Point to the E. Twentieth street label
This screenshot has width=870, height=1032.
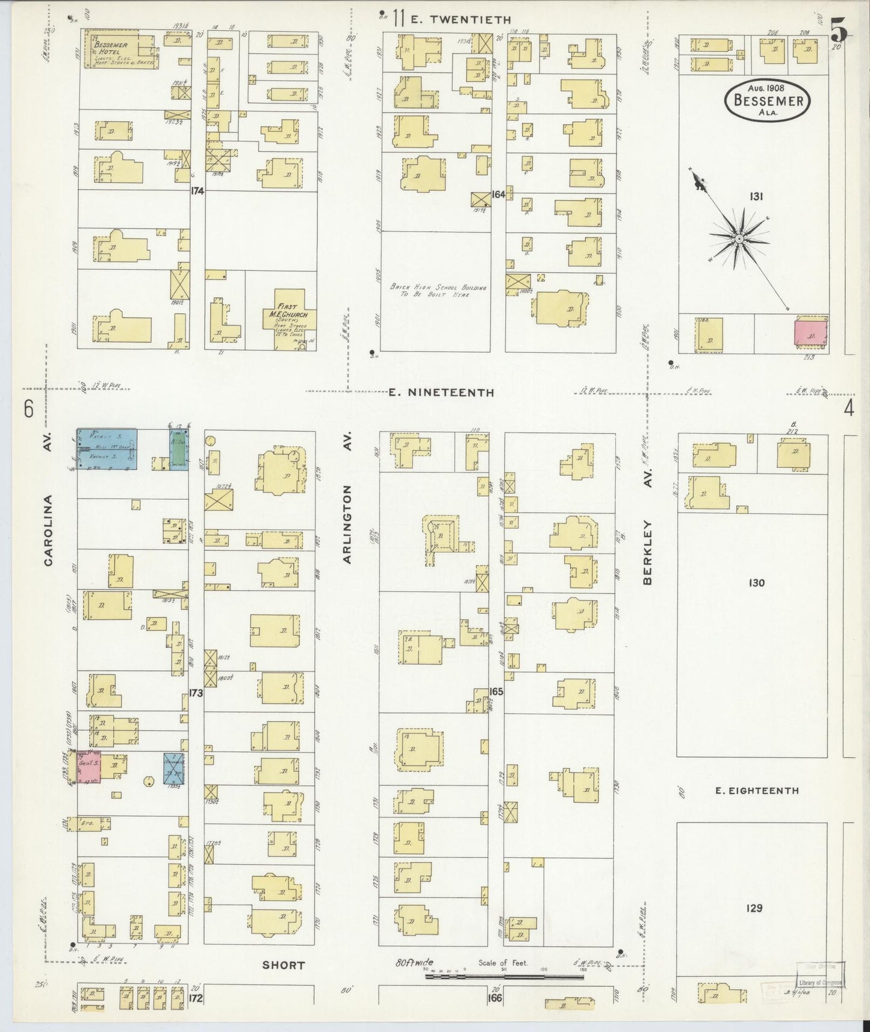tap(460, 20)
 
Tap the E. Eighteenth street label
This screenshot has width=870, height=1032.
tap(757, 791)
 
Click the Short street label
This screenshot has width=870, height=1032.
tap(283, 965)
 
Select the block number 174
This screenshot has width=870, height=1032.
tap(197, 191)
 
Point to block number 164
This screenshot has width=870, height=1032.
tap(498, 194)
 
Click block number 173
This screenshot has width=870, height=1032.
tap(196, 693)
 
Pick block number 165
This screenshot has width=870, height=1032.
tap(496, 692)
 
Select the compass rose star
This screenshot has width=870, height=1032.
tap(738, 239)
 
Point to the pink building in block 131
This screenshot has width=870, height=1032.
tap(810, 335)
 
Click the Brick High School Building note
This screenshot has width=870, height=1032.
tap(438, 291)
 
